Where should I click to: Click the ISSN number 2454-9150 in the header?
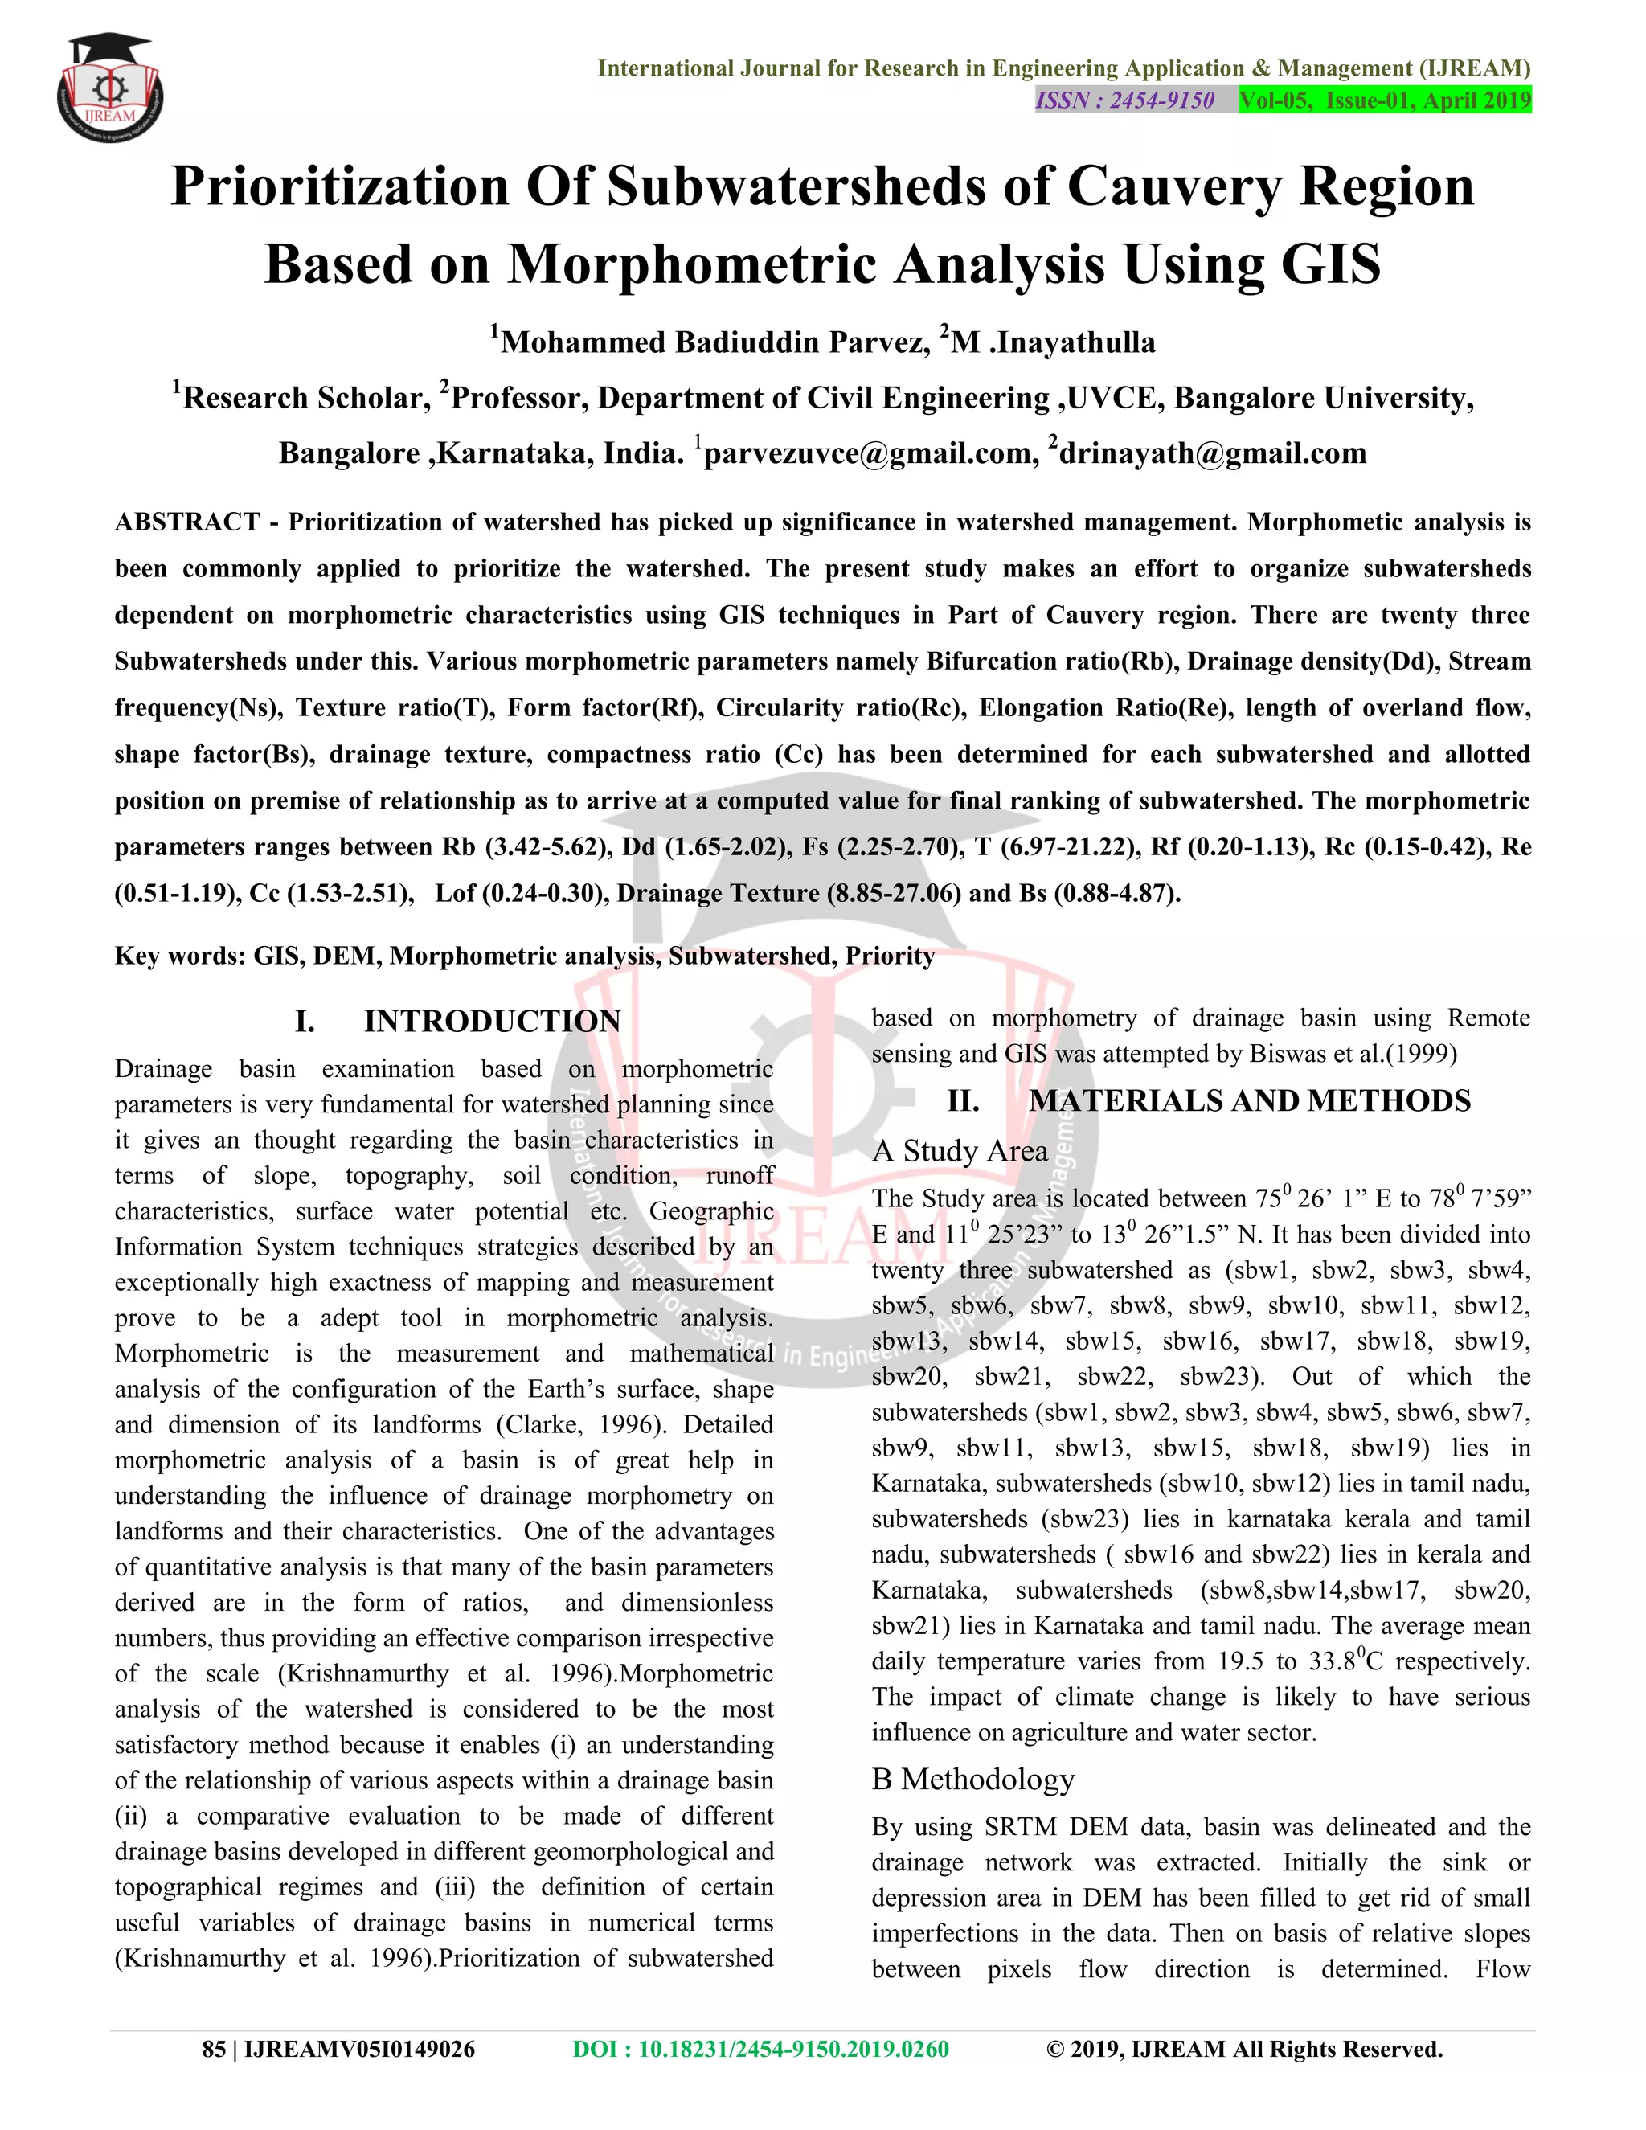pyautogui.click(x=1125, y=100)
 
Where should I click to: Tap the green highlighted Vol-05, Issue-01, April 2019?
pyautogui.click(x=1385, y=100)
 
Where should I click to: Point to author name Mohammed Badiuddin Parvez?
pyautogui.click(x=714, y=342)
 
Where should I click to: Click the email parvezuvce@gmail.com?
pyautogui.click(x=870, y=453)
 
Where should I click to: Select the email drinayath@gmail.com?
pyautogui.click(x=1212, y=453)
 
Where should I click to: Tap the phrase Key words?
pyautogui.click(x=178, y=956)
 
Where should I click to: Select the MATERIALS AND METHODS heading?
pyautogui.click(x=1249, y=1100)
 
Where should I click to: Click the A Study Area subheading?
pyautogui.click(x=960, y=1151)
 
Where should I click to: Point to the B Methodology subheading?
pyautogui.click(x=972, y=1779)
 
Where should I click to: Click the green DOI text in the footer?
pyautogui.click(x=760, y=2049)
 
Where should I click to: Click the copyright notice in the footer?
pyautogui.click(x=1244, y=2049)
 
